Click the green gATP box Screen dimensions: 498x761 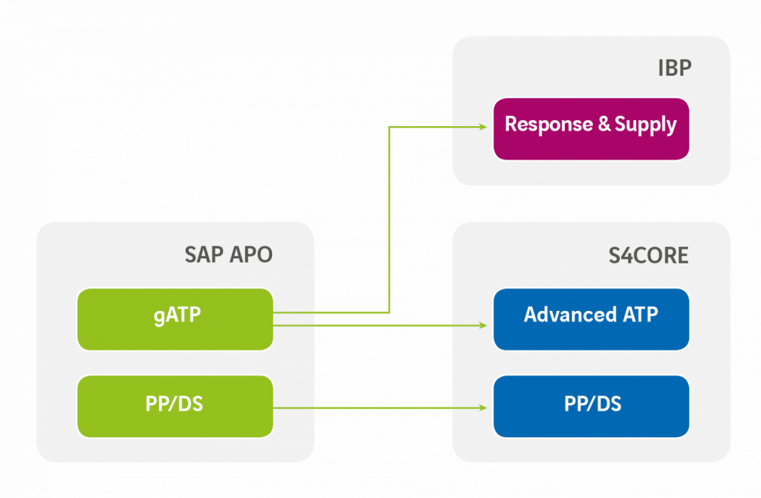[175, 319]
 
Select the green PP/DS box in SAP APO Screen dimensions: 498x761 [175, 406]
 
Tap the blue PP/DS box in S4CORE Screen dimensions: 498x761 [591, 406]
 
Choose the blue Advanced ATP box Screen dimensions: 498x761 [591, 319]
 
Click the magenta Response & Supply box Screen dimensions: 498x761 [591, 128]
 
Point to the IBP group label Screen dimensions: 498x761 [674, 68]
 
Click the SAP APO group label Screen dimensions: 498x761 [228, 255]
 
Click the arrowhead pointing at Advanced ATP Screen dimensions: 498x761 [482, 324]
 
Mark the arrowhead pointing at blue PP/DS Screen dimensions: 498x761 [482, 407]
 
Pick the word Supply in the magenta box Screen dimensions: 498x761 [646, 125]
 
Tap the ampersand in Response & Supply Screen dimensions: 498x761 [604, 125]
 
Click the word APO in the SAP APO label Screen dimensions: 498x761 [250, 255]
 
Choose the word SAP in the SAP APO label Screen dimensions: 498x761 [204, 255]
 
